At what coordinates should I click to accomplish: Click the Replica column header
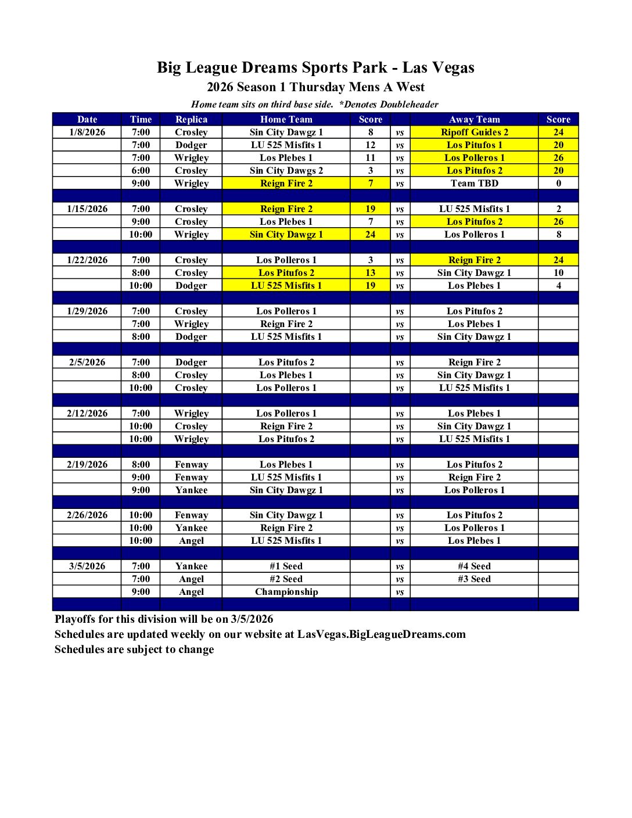191,119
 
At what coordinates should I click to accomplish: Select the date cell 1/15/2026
87,209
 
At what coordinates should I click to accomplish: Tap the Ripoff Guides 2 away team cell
474,132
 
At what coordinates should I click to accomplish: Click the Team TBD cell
474,183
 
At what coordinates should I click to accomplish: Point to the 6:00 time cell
141,170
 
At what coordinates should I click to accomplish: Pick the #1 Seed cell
286,566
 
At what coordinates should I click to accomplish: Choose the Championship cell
286,591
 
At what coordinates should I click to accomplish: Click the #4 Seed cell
474,566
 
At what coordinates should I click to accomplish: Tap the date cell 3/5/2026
87,566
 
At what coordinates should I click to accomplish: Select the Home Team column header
286,119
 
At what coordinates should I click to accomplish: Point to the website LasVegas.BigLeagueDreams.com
381,634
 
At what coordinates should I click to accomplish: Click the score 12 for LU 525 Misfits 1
370,145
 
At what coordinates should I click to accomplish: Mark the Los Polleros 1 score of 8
558,234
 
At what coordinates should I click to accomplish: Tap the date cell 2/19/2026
87,464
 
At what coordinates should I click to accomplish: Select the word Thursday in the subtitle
317,87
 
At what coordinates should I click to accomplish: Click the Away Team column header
474,119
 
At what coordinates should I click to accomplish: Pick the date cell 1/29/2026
87,311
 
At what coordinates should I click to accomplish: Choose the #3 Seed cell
474,579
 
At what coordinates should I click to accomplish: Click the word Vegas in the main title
453,68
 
